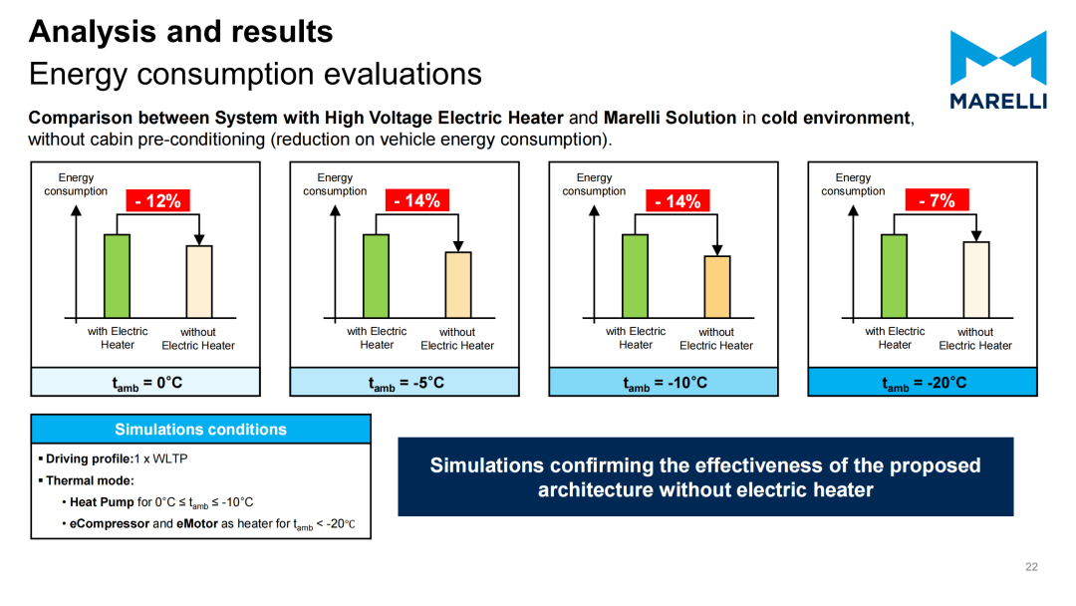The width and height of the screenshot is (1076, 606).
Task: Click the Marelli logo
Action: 998,70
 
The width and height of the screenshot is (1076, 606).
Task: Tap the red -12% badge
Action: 157,201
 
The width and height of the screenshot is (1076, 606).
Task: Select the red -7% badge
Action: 937,200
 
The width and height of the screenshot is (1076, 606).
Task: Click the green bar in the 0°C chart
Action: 117,276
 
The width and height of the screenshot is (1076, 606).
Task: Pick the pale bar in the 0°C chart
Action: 199,281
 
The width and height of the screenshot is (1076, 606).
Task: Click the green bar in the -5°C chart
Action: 376,276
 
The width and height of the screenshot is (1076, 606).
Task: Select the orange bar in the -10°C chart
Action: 717,287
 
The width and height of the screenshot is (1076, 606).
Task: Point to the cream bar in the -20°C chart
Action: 975,280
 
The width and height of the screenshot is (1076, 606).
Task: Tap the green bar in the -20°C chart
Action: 894,276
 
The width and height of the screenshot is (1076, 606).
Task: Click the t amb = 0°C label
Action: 147,383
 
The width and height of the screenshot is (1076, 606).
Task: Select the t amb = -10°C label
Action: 665,383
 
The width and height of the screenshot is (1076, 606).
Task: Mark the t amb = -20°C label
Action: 925,383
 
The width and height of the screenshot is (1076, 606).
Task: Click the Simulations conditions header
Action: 200,429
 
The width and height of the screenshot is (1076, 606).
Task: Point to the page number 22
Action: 1031,567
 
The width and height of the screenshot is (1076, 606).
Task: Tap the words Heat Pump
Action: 102,502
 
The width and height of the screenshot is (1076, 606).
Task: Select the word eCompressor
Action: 110,523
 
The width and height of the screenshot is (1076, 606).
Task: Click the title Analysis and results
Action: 181,32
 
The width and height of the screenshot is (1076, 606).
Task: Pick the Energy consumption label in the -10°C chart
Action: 594,184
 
